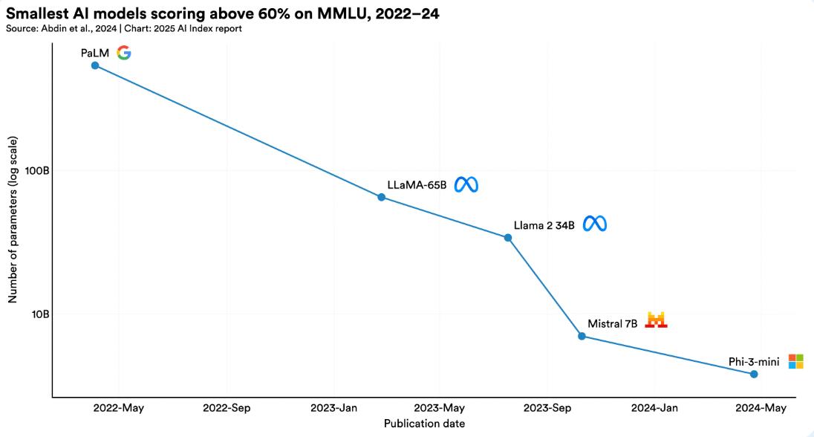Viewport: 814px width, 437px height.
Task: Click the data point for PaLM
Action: click(x=94, y=65)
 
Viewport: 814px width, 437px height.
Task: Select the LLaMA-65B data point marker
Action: click(x=381, y=197)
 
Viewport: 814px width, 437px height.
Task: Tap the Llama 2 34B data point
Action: click(x=508, y=238)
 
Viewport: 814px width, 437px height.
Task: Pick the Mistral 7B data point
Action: click(x=582, y=336)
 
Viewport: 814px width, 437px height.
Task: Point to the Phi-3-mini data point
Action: click(x=754, y=374)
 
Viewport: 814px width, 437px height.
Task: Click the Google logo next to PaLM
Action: click(x=124, y=53)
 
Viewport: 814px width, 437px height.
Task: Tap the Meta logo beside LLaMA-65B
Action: click(x=466, y=184)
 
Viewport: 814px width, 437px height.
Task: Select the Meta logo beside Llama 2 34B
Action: click(x=595, y=224)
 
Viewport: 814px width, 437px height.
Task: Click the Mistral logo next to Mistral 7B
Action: click(x=657, y=320)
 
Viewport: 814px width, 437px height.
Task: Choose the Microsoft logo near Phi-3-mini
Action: click(x=795, y=361)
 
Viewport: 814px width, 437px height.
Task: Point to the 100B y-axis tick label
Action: click(x=38, y=170)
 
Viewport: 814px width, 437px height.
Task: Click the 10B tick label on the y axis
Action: click(x=40, y=314)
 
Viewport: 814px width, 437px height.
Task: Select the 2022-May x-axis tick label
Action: click(x=119, y=408)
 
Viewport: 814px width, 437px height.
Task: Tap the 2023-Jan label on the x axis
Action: click(x=333, y=408)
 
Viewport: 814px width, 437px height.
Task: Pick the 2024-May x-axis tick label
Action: click(x=761, y=408)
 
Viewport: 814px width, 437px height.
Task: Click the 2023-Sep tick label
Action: click(x=547, y=408)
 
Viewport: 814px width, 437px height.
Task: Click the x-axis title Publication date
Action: click(x=424, y=424)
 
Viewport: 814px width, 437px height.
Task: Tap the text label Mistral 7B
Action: click(x=613, y=324)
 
